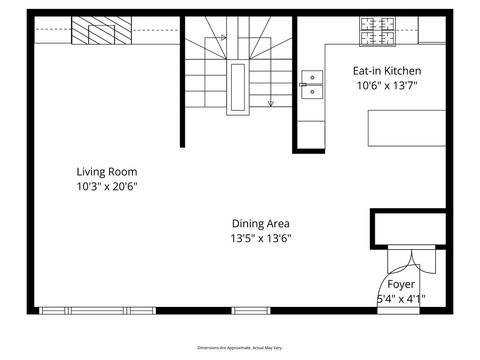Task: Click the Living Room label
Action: [107, 171]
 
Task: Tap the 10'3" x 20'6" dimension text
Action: [107, 186]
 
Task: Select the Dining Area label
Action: [261, 223]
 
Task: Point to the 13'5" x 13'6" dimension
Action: [261, 239]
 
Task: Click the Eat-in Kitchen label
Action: [387, 71]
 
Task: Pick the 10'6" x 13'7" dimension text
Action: [387, 86]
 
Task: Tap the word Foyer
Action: [401, 284]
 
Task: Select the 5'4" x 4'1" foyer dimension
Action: [401, 298]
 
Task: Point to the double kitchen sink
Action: [312, 86]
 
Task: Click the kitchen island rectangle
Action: [407, 128]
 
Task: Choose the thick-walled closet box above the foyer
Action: [410, 227]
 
